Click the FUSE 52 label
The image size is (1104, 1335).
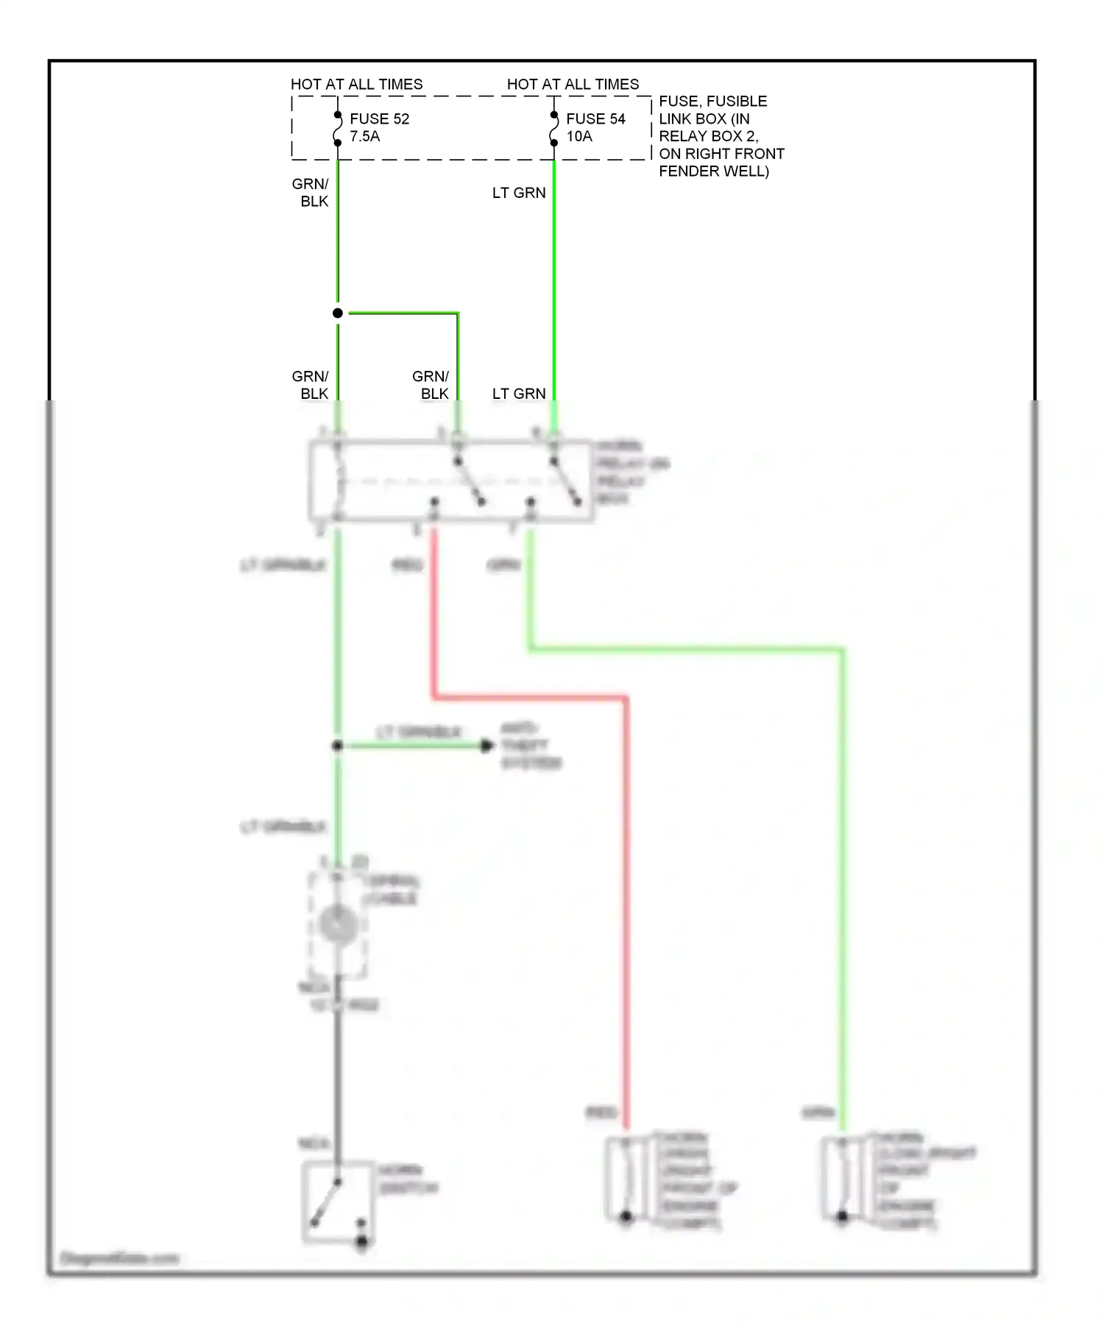click(x=379, y=118)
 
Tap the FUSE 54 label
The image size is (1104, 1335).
click(x=595, y=118)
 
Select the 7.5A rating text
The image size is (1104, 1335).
click(x=365, y=136)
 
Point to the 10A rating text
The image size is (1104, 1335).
click(x=579, y=136)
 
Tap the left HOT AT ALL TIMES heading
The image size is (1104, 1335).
click(x=357, y=84)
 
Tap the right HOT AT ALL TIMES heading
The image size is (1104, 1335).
click(x=573, y=84)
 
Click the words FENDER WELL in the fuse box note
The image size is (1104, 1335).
click(x=713, y=171)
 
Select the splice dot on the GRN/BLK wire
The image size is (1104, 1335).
click(x=338, y=314)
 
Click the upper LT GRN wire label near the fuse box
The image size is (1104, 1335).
click(x=519, y=193)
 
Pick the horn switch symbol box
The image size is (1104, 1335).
click(x=336, y=1202)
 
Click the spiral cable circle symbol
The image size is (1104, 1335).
click(x=338, y=924)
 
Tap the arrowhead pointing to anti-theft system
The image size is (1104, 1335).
click(x=486, y=746)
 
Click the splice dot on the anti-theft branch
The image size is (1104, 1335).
click(x=338, y=746)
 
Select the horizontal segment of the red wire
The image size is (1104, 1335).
click(x=530, y=696)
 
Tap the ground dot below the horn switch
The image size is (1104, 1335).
click(x=362, y=1243)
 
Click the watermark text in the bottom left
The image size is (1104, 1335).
click(x=119, y=1258)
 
